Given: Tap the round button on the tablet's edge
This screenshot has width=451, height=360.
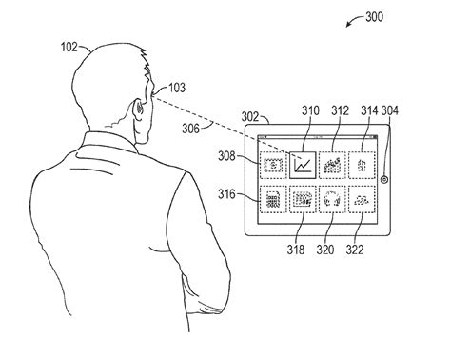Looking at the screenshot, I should [x=383, y=179].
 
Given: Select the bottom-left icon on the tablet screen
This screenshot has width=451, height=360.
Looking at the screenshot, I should [x=274, y=200].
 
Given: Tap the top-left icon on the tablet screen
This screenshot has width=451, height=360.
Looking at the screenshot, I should [x=274, y=164].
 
